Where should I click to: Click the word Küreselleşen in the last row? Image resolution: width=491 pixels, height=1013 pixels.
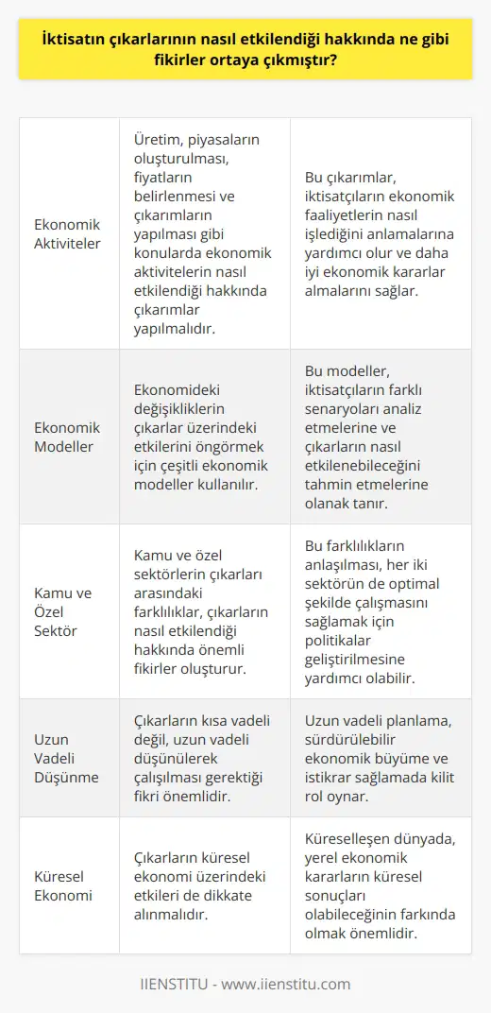pyautogui.click(x=352, y=837)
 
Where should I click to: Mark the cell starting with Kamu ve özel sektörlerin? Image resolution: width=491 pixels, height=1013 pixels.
pyautogui.click(x=204, y=611)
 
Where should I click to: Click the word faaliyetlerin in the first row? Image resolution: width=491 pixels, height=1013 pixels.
pyautogui.click(x=344, y=215)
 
